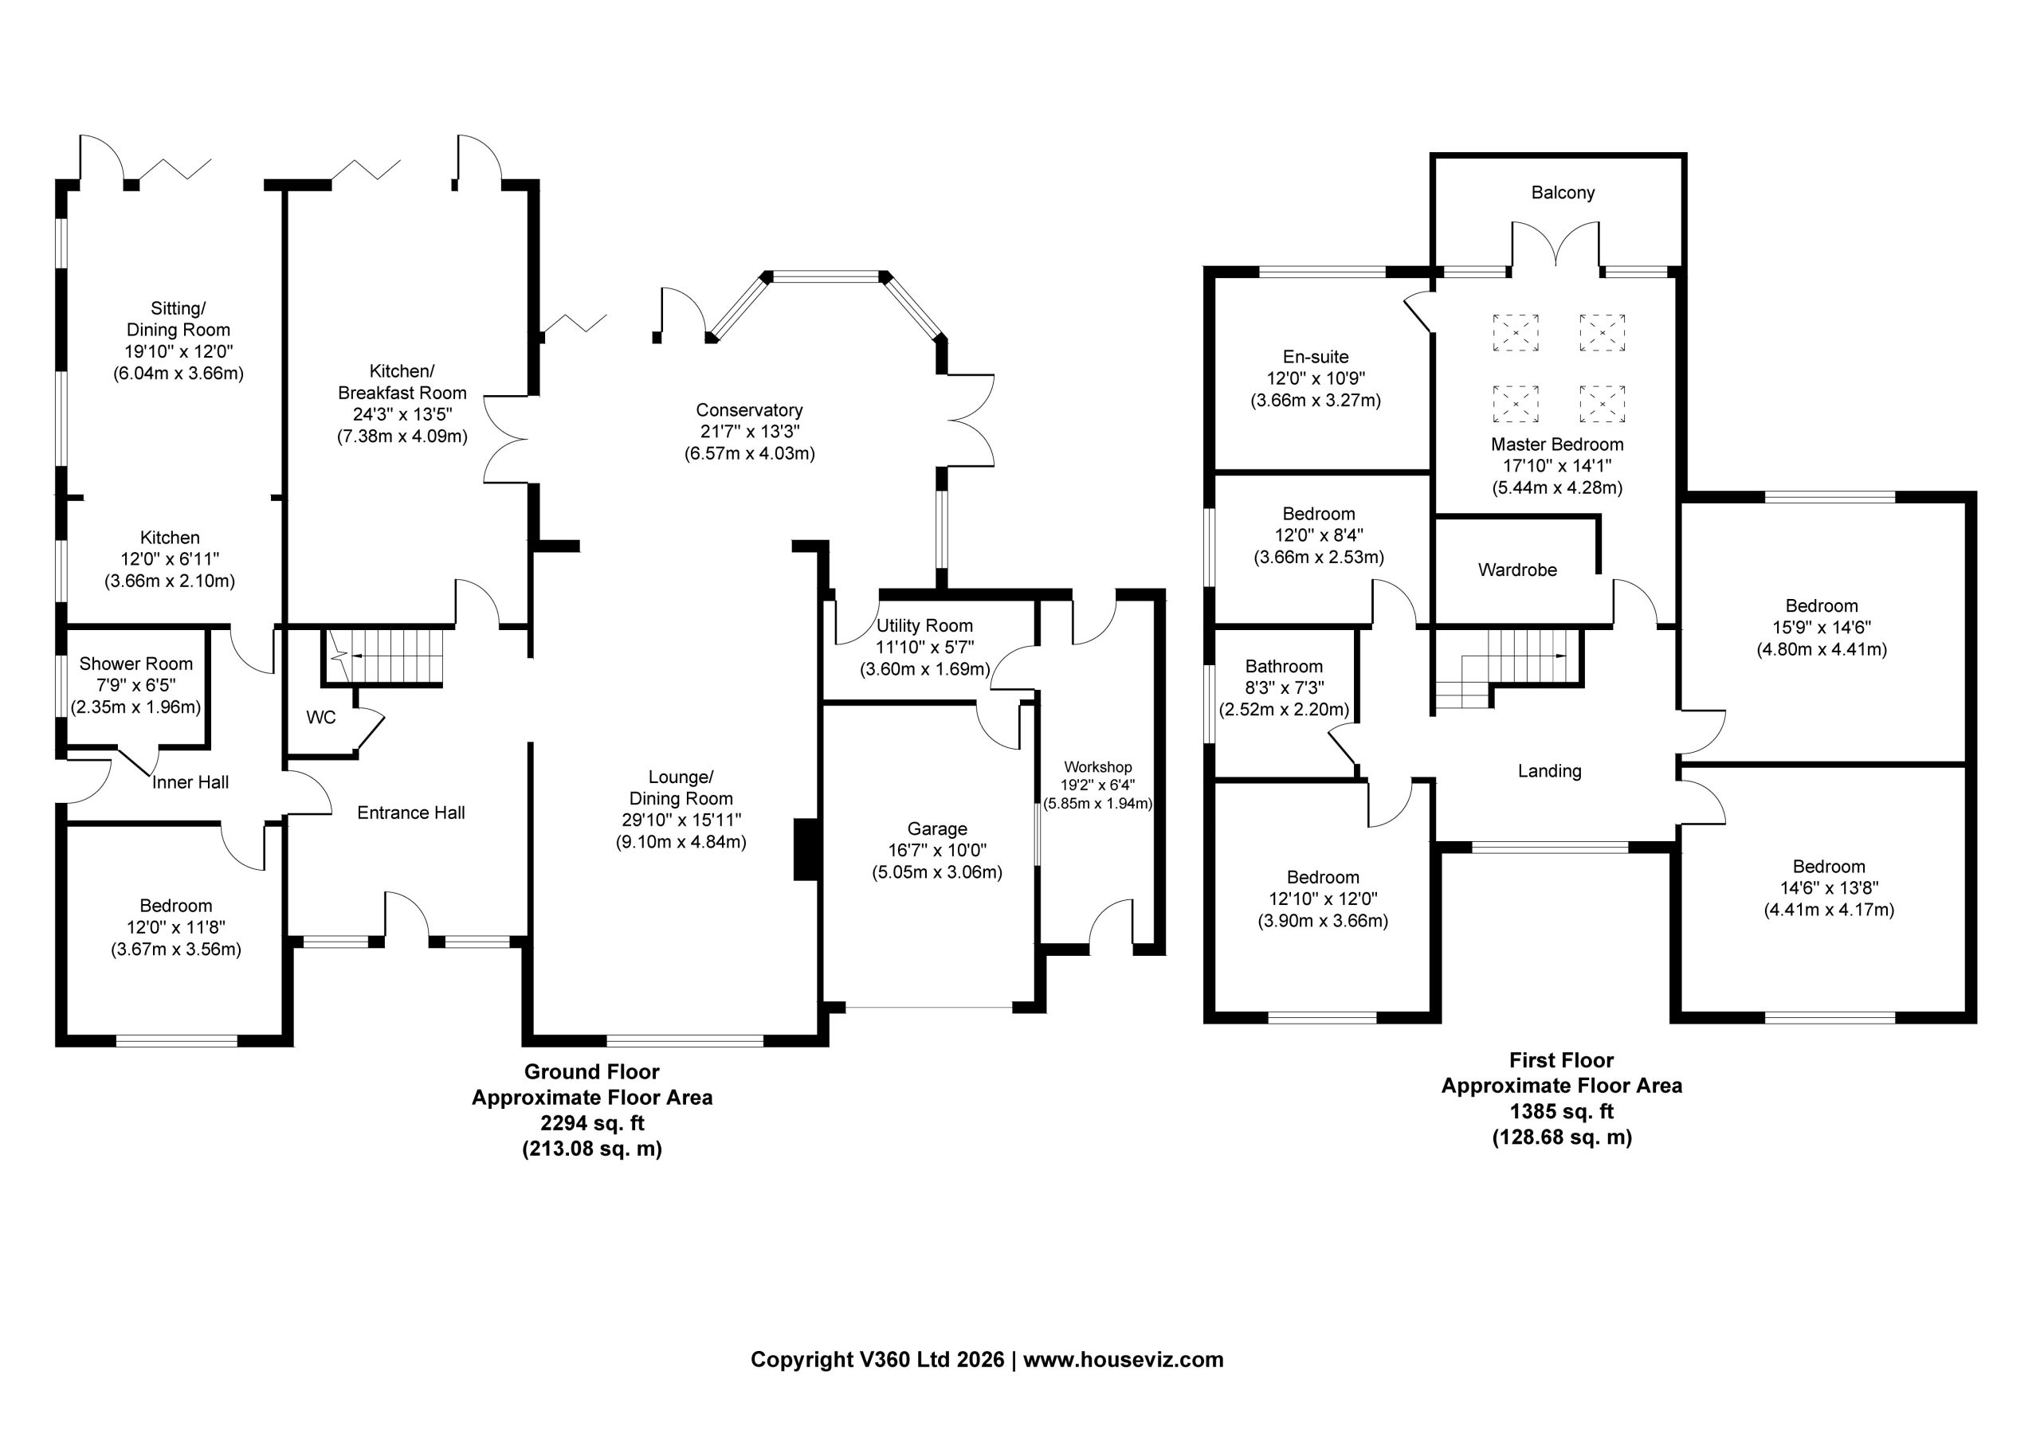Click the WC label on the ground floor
tap(321, 717)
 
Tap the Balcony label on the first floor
tap(1563, 193)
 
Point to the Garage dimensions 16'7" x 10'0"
tap(937, 850)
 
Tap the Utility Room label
tap(925, 625)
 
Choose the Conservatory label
tap(749, 409)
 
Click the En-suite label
tap(1316, 357)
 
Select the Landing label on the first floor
tap(1550, 771)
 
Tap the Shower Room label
tap(136, 664)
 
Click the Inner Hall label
tap(190, 783)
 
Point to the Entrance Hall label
tap(411, 813)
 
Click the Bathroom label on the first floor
tap(1284, 666)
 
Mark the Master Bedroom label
tap(1558, 444)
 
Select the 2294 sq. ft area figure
tap(593, 1123)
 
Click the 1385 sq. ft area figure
tap(1562, 1111)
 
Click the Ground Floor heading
tap(592, 1071)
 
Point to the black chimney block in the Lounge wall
tap(805, 849)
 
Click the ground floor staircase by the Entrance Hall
tap(384, 656)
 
